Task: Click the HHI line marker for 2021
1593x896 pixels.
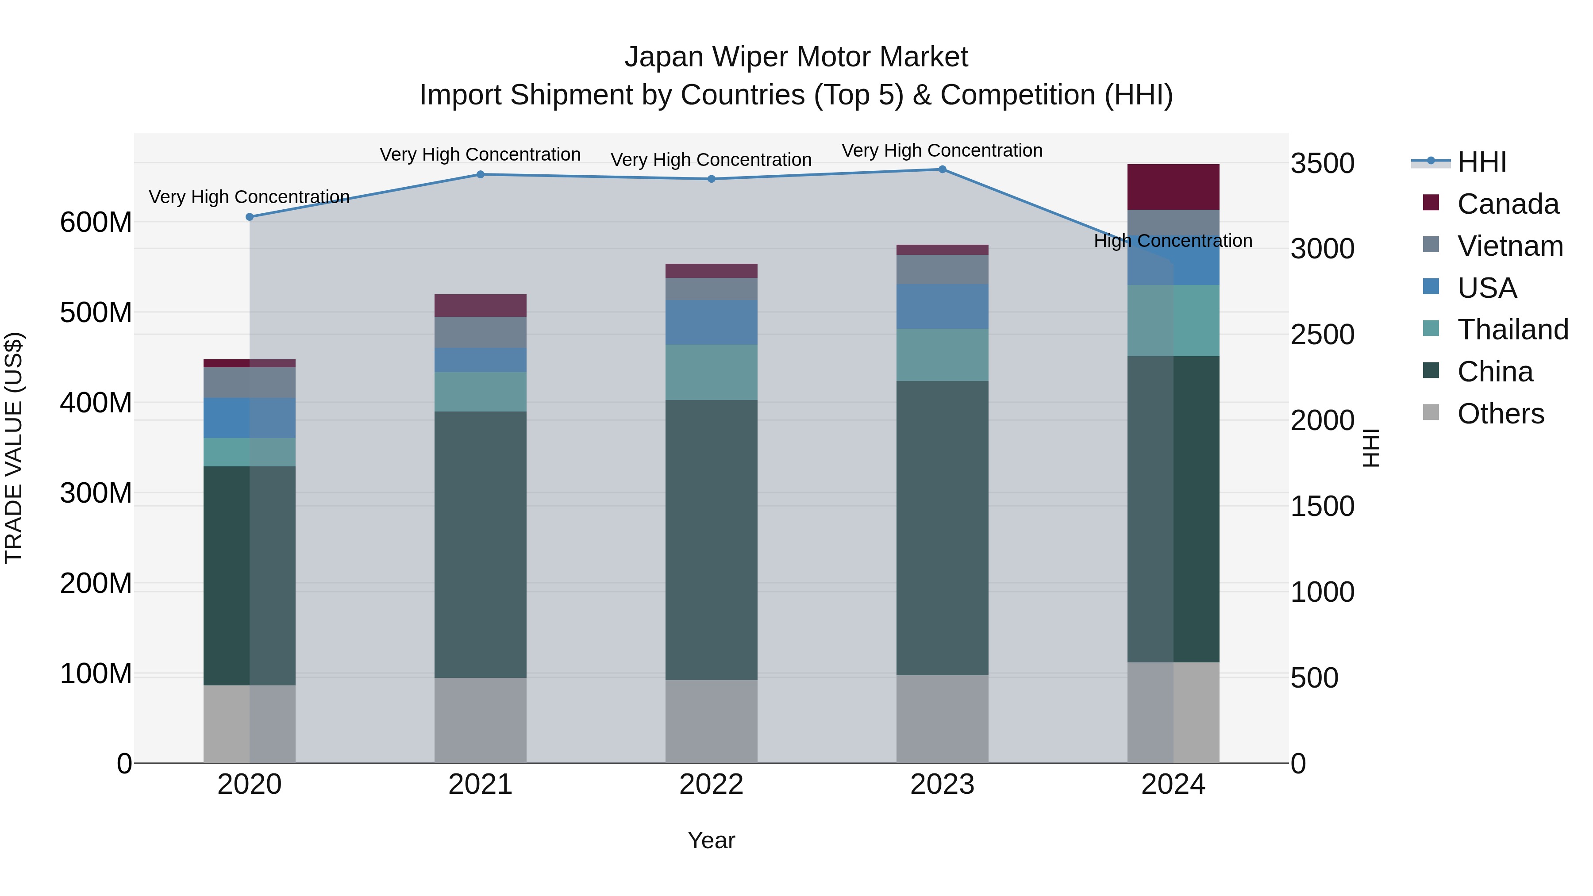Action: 481,174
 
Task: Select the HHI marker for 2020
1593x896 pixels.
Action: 250,217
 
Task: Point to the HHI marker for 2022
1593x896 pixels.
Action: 711,179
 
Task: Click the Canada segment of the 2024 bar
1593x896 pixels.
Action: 1173,187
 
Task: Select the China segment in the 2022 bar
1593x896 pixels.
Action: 711,540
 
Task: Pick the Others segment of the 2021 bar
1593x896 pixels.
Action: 481,720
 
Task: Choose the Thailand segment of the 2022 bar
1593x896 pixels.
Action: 711,372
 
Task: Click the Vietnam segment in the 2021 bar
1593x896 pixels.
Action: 481,332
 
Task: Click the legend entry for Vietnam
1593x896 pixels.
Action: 1509,246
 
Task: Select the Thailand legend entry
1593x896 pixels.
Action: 1512,330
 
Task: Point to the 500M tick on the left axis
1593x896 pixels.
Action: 96,313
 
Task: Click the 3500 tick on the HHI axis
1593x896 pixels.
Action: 1322,164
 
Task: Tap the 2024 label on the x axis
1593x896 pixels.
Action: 1173,784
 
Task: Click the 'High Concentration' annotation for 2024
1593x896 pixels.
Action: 1173,241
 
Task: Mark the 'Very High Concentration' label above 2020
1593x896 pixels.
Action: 249,196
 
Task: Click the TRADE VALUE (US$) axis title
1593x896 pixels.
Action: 14,448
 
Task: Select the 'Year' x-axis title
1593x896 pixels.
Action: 711,840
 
